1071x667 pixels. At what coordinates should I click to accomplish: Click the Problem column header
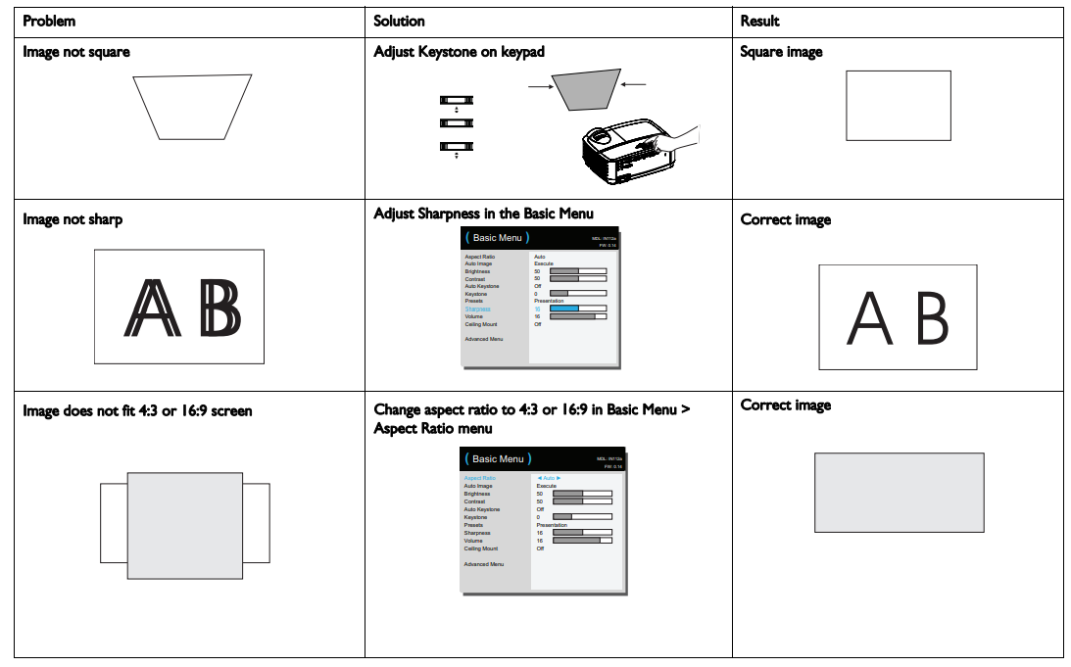(x=49, y=21)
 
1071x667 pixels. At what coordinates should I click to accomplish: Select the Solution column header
(x=399, y=21)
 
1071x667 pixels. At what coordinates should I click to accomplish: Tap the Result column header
(x=759, y=21)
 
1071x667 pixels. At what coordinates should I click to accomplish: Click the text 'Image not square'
(x=76, y=51)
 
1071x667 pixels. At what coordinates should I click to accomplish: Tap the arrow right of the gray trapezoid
(x=634, y=84)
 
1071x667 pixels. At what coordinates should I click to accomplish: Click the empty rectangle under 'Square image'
(x=898, y=106)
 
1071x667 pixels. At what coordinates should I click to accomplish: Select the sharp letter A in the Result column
(x=870, y=318)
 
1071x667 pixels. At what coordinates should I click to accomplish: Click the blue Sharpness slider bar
(x=577, y=309)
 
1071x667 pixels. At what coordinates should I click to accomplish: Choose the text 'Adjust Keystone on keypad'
(x=459, y=51)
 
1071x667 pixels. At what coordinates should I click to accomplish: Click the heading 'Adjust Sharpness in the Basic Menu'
(x=483, y=214)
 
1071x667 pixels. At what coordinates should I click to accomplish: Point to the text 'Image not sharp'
(x=73, y=219)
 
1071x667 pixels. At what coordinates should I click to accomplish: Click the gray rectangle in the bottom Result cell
(x=899, y=493)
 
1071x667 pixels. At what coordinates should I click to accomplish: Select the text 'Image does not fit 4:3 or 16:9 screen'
(x=137, y=411)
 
